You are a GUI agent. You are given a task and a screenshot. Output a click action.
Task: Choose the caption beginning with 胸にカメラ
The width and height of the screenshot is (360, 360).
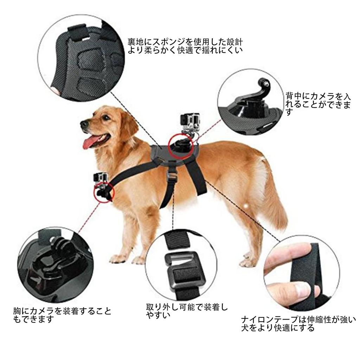pos(62,315)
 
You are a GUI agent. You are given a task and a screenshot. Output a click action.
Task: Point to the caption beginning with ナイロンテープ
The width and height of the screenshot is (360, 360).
pos(299,324)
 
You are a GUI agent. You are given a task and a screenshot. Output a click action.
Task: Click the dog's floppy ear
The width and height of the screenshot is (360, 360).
pos(127,123)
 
